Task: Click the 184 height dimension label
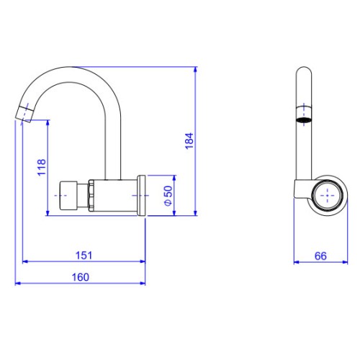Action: [189, 141]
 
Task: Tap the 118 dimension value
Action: [42, 167]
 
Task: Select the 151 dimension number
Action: [84, 256]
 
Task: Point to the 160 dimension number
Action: [81, 277]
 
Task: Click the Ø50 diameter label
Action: [168, 196]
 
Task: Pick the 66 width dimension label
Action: [320, 256]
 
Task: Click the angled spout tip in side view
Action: [24, 114]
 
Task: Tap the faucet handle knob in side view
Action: [68, 196]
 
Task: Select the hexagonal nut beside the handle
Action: [91, 196]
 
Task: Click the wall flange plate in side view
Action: [141, 195]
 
